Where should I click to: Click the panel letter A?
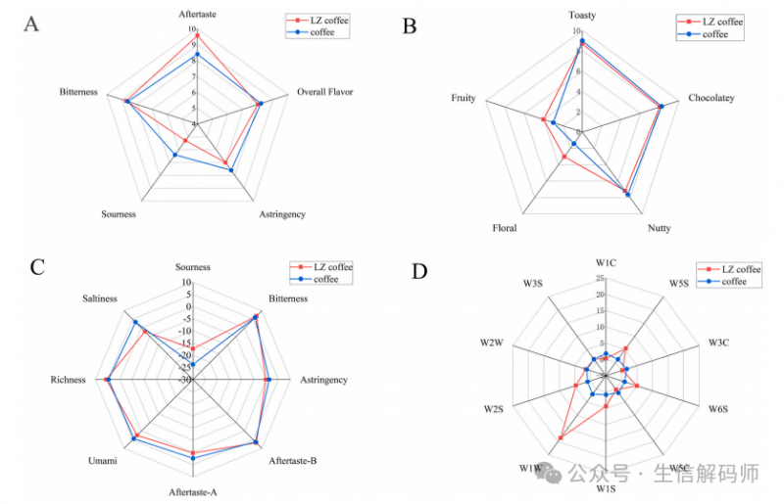coord(31,24)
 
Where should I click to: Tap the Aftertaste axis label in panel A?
coord(198,15)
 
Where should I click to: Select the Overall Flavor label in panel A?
coord(324,93)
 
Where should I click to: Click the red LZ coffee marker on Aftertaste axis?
coord(198,36)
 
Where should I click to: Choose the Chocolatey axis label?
coord(710,98)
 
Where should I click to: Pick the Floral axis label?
coord(505,228)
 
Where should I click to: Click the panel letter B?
coord(409,24)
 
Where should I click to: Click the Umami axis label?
coord(102,460)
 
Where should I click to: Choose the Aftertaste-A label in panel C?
coord(192,491)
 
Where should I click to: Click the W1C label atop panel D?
coord(606,262)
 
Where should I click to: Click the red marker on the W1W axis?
coord(562,437)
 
